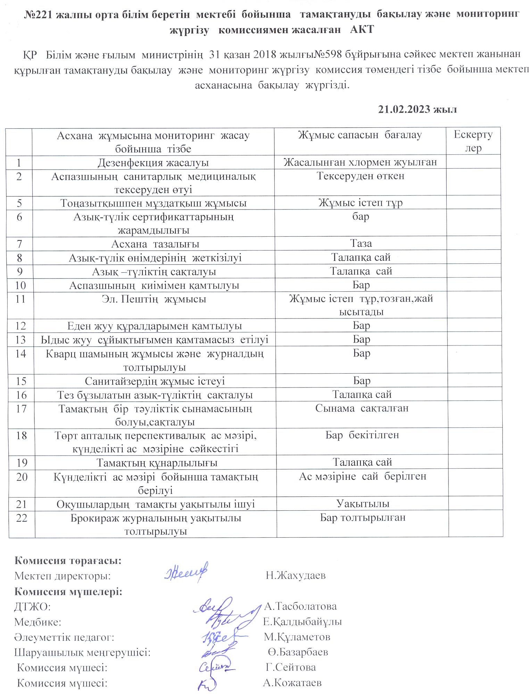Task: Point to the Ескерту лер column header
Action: (473, 141)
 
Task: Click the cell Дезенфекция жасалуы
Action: (153, 162)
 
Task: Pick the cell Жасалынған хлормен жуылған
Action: (360, 162)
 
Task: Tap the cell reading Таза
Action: (361, 244)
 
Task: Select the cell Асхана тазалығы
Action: (155, 244)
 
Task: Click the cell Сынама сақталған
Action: (362, 408)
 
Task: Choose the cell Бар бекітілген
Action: (362, 435)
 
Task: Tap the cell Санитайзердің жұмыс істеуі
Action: (155, 381)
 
